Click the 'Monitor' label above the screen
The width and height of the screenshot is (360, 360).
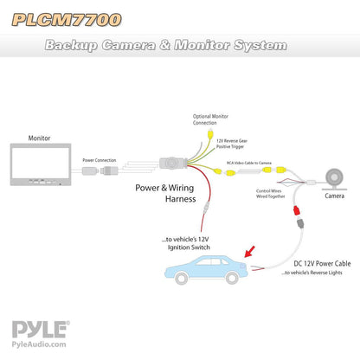coord(40,138)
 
